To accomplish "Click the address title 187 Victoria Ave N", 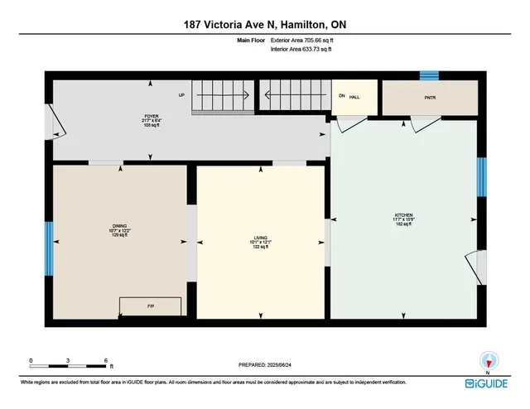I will point(264,25).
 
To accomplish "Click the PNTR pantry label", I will point(428,97).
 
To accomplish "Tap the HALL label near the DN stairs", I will point(354,97).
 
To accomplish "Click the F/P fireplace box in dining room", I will point(151,306).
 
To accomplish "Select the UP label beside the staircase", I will point(181,94).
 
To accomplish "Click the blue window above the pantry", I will point(428,76).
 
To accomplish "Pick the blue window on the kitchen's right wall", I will point(481,176).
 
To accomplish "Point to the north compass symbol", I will point(489,360).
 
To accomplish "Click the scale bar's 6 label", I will point(106,359).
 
